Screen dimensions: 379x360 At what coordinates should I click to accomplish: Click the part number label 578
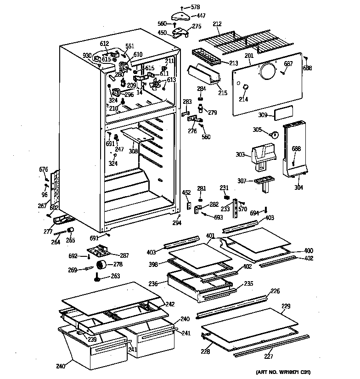(196, 7)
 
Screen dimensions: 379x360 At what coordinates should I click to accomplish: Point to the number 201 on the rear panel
(249, 56)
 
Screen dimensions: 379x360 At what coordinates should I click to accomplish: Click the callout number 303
(240, 155)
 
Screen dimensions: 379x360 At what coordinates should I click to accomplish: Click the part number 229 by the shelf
(286, 306)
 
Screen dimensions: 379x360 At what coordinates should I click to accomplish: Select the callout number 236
(152, 284)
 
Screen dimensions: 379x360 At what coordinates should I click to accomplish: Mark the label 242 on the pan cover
(170, 304)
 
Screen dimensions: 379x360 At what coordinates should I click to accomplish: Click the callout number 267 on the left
(42, 206)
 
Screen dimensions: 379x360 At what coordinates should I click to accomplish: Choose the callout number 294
(176, 223)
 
